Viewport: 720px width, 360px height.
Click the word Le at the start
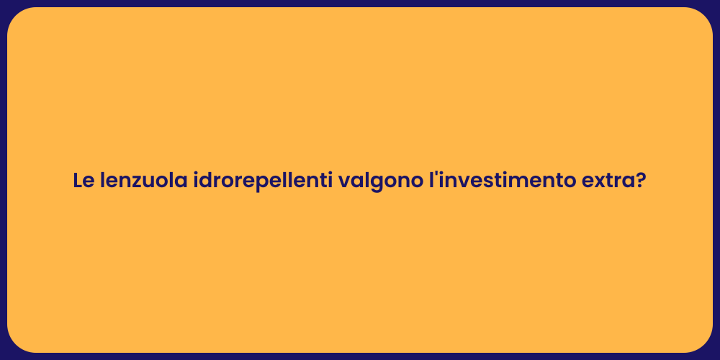click(84, 181)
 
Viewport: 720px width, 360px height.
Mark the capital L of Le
click(78, 181)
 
